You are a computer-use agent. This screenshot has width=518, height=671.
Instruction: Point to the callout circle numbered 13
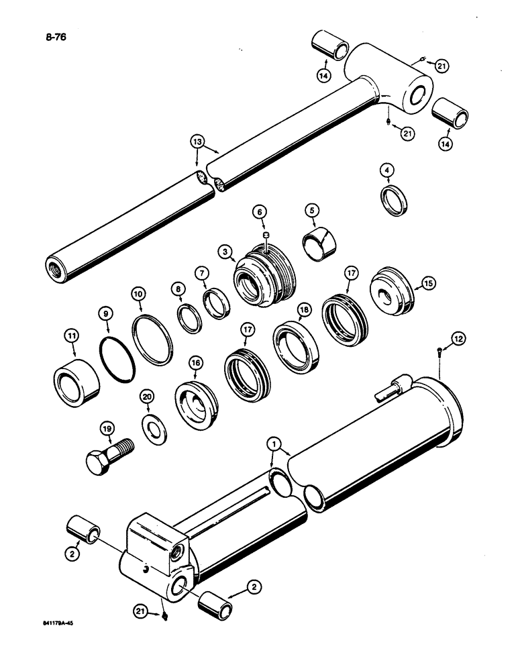coord(197,142)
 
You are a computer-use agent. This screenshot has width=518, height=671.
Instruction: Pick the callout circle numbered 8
coord(178,290)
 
